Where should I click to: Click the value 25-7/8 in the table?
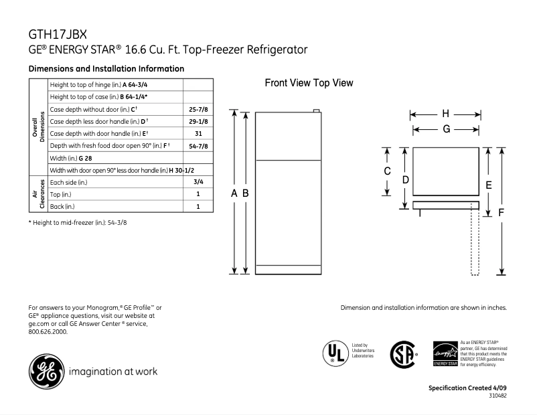point(198,109)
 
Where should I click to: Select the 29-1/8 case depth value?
point(198,121)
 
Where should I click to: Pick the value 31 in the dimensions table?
point(198,133)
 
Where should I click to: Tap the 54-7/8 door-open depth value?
point(198,146)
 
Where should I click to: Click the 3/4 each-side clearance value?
point(198,182)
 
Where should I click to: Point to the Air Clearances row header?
point(38,194)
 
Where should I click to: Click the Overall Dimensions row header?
point(38,127)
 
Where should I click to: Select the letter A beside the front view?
point(234,193)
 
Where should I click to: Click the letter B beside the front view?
point(246,193)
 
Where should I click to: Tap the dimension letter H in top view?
point(445,113)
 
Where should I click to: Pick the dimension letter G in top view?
point(445,129)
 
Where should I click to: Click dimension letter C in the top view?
point(387,171)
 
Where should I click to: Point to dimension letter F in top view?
point(501,212)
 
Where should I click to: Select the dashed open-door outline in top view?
point(475,241)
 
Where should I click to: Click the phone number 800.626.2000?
point(48,331)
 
